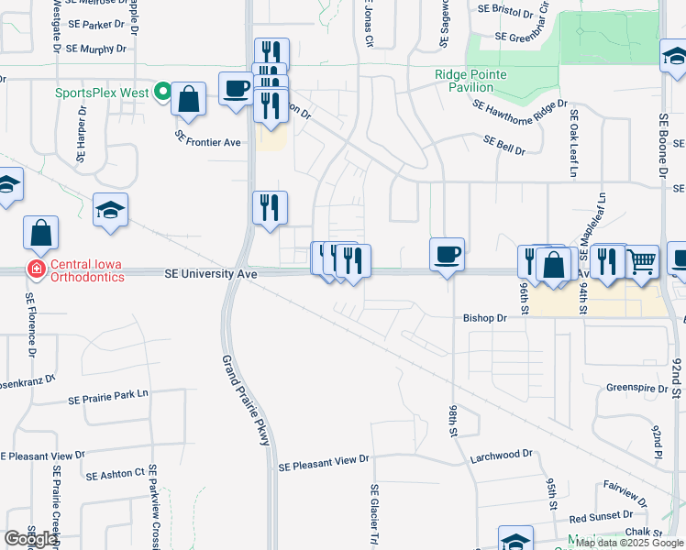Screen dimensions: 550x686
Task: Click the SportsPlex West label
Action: [x=102, y=93]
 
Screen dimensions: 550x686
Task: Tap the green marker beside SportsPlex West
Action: [x=162, y=92]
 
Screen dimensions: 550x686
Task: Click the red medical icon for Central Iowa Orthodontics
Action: [x=36, y=269]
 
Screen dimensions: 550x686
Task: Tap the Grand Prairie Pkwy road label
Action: [x=245, y=401]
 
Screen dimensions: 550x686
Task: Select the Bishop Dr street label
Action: [x=484, y=318]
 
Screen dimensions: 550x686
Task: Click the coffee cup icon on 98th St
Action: [x=447, y=253]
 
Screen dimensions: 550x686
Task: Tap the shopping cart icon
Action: [x=642, y=260]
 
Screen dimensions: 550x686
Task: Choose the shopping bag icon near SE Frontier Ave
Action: [x=189, y=99]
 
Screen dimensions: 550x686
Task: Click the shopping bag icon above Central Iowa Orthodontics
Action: [x=41, y=232]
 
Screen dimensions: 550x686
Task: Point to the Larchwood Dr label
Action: [x=501, y=454]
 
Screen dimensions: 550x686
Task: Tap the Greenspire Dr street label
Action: [x=636, y=388]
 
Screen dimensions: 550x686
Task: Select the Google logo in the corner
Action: [x=30, y=539]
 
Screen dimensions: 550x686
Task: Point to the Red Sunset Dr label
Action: [x=603, y=518]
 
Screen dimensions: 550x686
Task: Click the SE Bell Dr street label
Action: [x=505, y=145]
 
